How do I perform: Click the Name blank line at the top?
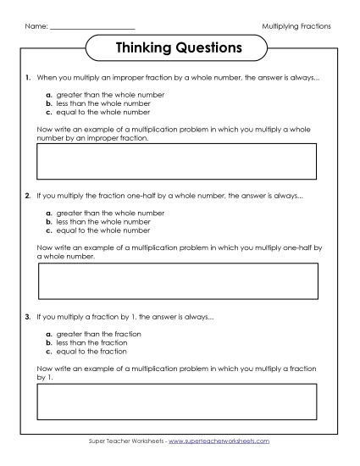coord(92,27)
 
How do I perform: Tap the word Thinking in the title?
coord(145,47)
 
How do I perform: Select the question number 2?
coord(28,196)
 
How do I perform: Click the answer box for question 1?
coord(176,161)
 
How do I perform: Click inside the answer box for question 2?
coord(178,281)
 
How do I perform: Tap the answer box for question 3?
coord(176,402)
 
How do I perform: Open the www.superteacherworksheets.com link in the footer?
coord(226,441)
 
